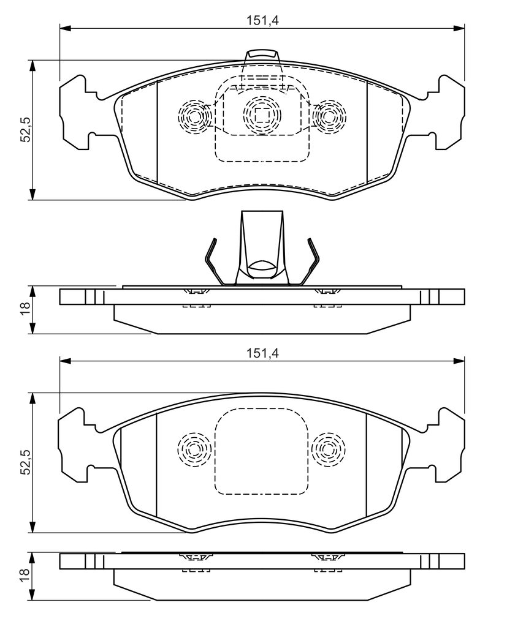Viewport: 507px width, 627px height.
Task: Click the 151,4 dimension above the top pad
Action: click(262, 20)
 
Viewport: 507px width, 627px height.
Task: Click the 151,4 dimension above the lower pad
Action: click(262, 353)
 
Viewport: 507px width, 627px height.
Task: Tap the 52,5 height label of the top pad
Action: click(26, 130)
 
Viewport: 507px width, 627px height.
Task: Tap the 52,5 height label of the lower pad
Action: click(26, 462)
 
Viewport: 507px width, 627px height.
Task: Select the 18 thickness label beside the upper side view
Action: click(25, 308)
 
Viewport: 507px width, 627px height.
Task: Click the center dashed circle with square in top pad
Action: click(262, 115)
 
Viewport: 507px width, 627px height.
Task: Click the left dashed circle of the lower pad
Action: click(194, 449)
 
